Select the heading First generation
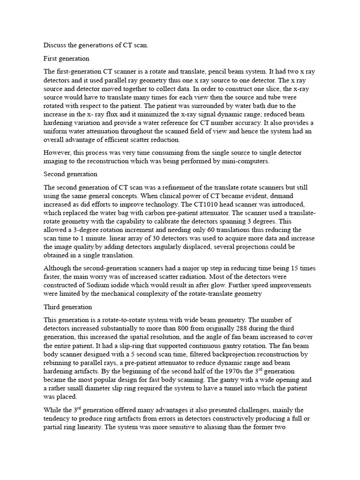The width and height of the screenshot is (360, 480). pyautogui.click(x=66, y=59)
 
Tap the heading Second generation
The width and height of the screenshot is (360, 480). pyautogui.click(x=70, y=174)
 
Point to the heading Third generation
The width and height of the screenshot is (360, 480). pyautogui.click(x=67, y=307)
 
